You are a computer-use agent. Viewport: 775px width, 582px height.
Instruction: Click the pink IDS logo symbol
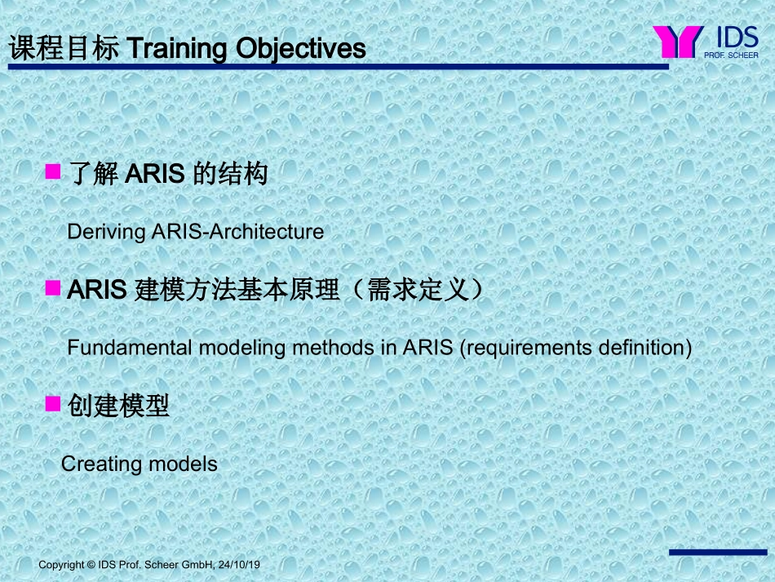(678, 42)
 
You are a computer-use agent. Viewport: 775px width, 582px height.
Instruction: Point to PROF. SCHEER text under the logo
(731, 56)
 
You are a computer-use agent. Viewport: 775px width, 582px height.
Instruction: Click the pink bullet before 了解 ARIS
(54, 171)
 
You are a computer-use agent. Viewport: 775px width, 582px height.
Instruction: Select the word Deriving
(105, 232)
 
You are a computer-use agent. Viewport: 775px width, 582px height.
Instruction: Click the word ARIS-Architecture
(237, 232)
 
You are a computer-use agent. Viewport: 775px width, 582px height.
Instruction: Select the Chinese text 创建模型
(119, 406)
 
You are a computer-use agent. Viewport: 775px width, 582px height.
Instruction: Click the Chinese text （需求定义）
(417, 290)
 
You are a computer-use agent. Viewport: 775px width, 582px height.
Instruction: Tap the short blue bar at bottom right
(718, 553)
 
